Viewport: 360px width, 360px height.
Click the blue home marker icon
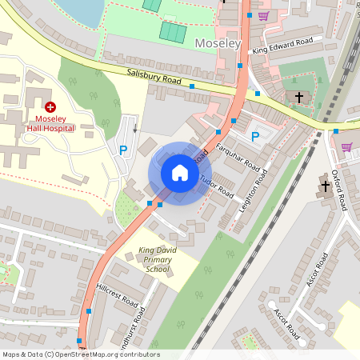pos(180,173)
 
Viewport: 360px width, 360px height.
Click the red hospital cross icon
pos(50,106)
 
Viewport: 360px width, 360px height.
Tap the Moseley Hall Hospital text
pos(50,122)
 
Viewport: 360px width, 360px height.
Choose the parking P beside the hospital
pos(123,150)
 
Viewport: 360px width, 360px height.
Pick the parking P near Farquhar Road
pos(255,137)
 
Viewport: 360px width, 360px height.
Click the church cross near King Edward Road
pos(299,97)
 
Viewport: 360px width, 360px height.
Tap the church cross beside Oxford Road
pos(326,186)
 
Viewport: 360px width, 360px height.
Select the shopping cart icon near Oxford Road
pos(346,146)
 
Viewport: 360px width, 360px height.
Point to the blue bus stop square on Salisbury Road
pos(192,86)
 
